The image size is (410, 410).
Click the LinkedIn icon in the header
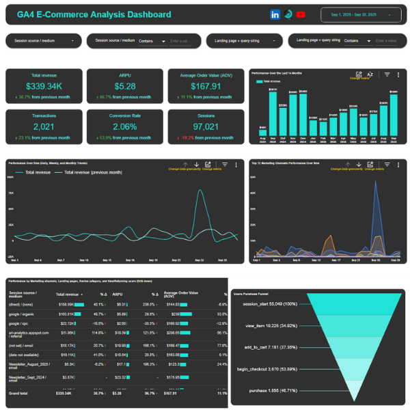coord(275,14)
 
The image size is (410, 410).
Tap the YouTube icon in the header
coord(301,14)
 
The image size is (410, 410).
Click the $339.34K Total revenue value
coord(44,86)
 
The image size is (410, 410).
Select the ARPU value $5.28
coord(125,86)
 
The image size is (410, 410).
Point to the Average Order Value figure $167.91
coord(206,86)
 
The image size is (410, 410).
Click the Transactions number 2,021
coord(44,126)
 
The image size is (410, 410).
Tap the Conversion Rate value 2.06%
coord(125,126)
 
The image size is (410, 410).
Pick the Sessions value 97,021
coord(206,126)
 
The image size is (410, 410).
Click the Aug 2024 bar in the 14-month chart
coord(263,131)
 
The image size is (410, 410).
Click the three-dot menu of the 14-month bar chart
coord(398,74)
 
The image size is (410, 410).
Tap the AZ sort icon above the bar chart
coord(370,74)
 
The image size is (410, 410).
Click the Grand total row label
coord(18,393)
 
